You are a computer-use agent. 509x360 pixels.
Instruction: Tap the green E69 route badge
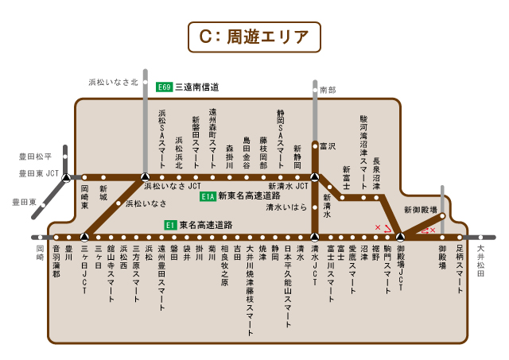click(x=165, y=87)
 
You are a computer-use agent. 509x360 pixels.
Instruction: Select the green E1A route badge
click(x=208, y=195)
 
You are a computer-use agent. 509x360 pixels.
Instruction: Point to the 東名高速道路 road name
click(x=206, y=225)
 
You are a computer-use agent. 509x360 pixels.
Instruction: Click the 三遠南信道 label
click(x=197, y=87)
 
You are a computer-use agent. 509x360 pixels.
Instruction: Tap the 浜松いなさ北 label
click(x=113, y=82)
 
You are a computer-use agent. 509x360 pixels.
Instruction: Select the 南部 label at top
click(x=328, y=91)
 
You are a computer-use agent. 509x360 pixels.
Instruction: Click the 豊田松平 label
click(x=34, y=157)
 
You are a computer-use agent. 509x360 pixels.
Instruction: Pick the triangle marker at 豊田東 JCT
click(x=67, y=177)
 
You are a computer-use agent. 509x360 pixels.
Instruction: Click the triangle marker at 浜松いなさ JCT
click(x=144, y=176)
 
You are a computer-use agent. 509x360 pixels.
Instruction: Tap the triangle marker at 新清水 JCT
click(x=315, y=176)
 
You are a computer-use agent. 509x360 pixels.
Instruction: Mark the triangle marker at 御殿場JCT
click(x=400, y=237)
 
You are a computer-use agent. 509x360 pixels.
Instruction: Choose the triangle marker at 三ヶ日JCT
click(x=84, y=237)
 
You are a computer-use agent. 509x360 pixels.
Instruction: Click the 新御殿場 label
click(x=420, y=210)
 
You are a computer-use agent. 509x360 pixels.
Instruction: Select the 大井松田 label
click(x=480, y=260)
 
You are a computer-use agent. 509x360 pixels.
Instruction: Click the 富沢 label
click(x=328, y=146)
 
